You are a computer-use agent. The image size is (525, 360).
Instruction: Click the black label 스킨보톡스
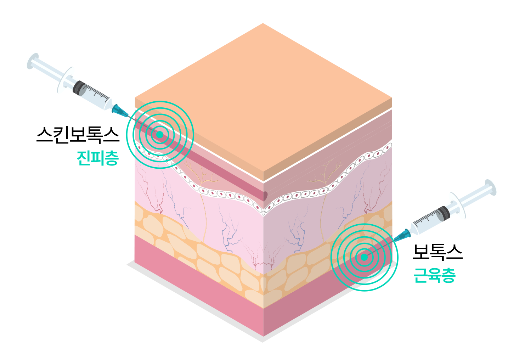tap(78, 135)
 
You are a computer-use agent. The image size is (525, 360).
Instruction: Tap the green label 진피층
tap(97, 158)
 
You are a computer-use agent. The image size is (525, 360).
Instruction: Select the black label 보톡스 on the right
tap(437, 252)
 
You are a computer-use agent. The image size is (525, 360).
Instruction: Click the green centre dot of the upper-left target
tap(160, 135)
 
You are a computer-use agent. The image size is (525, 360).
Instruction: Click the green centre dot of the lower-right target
tap(364, 257)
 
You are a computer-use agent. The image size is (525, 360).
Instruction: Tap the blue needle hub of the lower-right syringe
tap(404, 234)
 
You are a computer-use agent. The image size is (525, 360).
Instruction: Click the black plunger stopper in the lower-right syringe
tap(445, 212)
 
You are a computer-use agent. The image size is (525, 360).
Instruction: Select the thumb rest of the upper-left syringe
tap(33, 61)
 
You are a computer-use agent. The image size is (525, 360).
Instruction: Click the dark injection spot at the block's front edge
tap(265, 195)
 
